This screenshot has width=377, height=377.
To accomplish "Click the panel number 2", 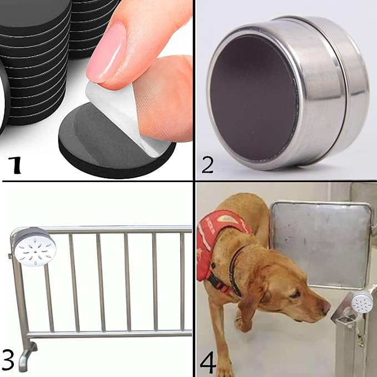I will [207, 165].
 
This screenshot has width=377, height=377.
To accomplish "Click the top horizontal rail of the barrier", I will [111, 229].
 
